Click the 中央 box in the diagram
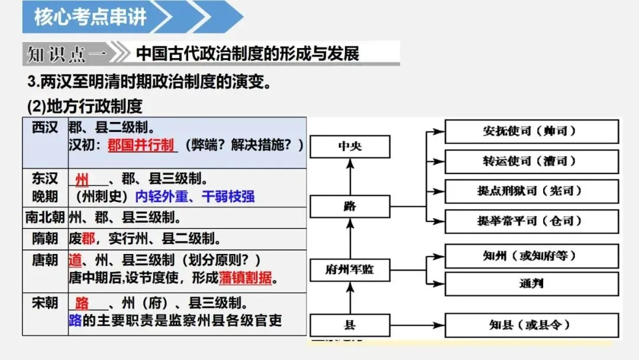tap(350, 146)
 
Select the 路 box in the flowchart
tap(350, 206)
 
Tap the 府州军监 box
tap(350, 270)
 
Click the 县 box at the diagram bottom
tap(350, 325)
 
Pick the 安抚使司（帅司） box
tap(531, 131)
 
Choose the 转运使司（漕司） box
tap(531, 162)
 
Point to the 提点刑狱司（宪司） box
tap(531, 191)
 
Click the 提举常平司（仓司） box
tap(531, 221)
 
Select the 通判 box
tap(531, 284)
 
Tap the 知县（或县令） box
tap(531, 325)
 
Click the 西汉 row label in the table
tap(45, 128)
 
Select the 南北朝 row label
tap(45, 217)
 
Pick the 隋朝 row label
tap(45, 239)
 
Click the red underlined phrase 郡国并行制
tap(141, 144)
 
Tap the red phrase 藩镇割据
tap(246, 278)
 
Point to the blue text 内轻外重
tap(162, 197)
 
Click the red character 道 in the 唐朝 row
tap(75, 260)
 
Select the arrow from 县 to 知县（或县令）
tap(417, 325)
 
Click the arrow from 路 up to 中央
tap(350, 176)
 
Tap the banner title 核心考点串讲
tap(90, 17)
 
